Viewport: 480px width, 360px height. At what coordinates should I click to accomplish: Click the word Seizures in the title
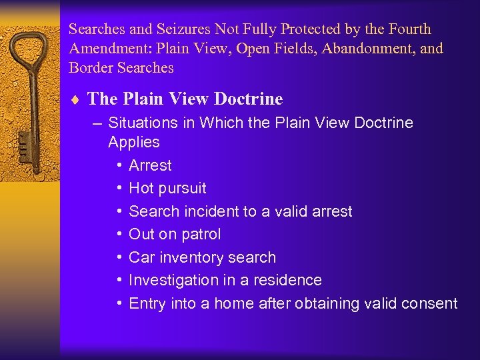pos(181,29)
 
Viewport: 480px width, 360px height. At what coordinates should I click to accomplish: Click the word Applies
pos(134,142)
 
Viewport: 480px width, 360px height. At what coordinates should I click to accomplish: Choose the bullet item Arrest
pos(150,165)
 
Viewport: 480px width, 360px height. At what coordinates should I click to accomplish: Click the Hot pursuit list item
pos(167,189)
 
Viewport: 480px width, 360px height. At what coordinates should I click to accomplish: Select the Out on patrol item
pos(175,235)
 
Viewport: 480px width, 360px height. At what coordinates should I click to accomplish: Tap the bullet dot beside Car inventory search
pos(118,257)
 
